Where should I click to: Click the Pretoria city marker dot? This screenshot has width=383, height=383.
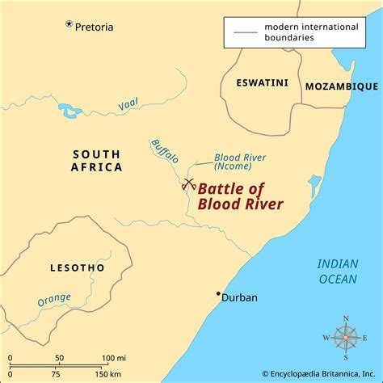click(x=69, y=24)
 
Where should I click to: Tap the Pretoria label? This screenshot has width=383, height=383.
click(x=95, y=27)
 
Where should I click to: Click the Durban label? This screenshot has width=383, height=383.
click(x=239, y=297)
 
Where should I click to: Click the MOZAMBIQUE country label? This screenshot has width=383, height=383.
click(x=341, y=86)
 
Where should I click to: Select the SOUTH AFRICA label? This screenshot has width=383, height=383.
click(x=96, y=161)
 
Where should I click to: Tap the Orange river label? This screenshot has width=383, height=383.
click(x=55, y=301)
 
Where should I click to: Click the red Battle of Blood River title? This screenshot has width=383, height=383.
click(x=240, y=196)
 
